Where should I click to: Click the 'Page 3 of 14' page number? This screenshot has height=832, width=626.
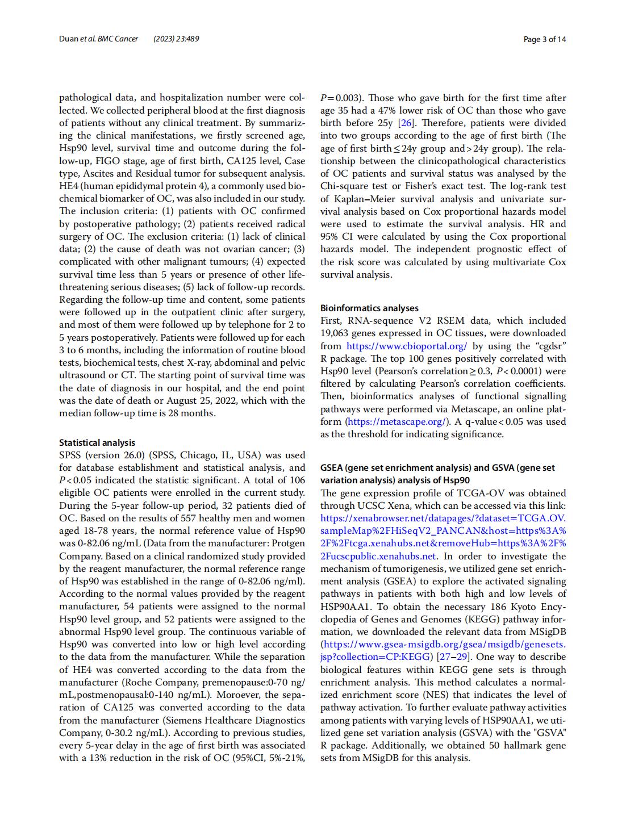tap(544, 39)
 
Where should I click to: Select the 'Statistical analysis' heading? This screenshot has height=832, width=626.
tap(97, 442)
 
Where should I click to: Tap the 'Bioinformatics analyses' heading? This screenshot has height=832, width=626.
tap(369, 308)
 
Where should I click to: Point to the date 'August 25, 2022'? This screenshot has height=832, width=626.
tap(269, 400)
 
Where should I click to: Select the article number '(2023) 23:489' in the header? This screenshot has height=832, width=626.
tap(176, 39)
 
